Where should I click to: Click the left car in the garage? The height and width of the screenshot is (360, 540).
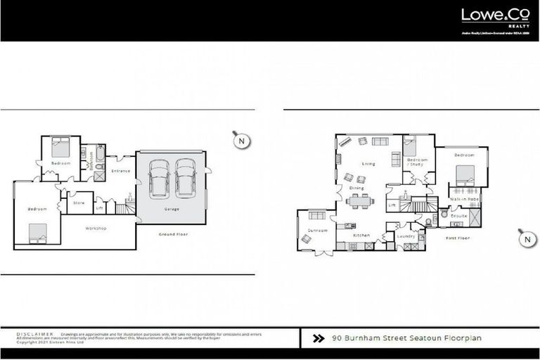click(160, 179)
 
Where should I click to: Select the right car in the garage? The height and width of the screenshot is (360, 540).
click(184, 179)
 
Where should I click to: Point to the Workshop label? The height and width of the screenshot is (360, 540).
click(96, 229)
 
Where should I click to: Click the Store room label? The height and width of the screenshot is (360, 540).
click(79, 203)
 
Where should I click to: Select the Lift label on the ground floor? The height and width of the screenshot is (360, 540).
click(99, 208)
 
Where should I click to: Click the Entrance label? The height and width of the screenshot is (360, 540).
click(121, 171)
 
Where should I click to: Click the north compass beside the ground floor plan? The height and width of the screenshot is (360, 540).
click(241, 141)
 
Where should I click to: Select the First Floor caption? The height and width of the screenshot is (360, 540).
click(458, 238)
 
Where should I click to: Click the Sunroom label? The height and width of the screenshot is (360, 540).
click(309, 229)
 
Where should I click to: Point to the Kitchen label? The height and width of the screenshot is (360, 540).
click(361, 235)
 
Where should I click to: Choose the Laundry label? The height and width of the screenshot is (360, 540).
click(406, 236)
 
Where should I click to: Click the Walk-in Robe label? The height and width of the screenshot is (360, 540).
click(464, 200)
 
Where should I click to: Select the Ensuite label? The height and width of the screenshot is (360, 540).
click(459, 217)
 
